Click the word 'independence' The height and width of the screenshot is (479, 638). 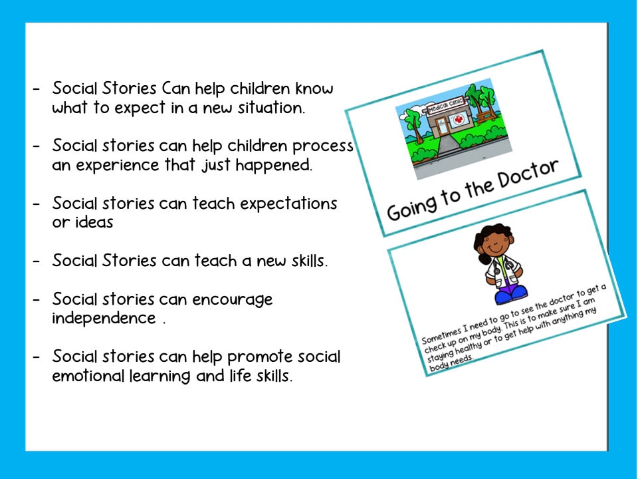(x=104, y=318)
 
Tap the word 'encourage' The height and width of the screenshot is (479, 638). (x=232, y=299)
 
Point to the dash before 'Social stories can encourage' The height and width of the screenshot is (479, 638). (x=37, y=299)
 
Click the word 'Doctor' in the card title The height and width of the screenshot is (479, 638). (x=525, y=176)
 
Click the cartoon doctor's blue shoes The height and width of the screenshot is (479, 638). (x=512, y=291)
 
